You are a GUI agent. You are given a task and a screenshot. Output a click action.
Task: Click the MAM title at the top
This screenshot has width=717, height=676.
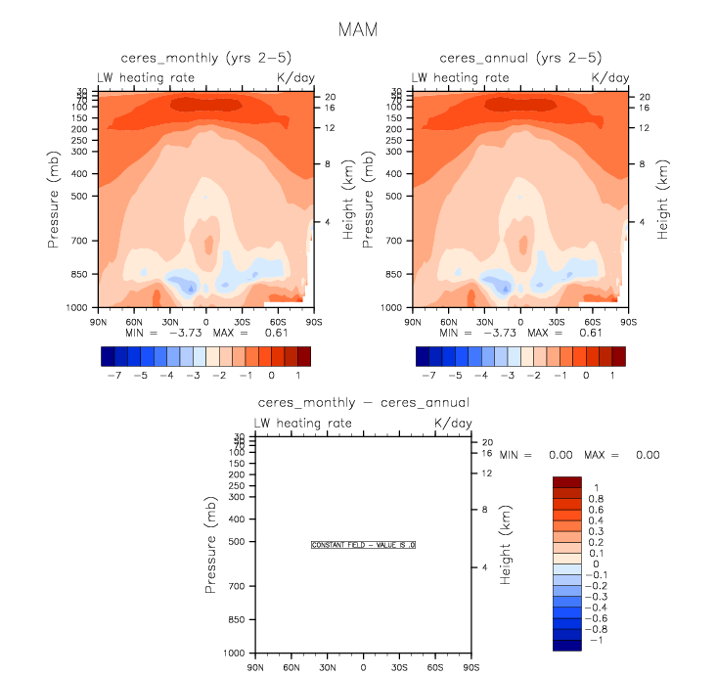click(357, 29)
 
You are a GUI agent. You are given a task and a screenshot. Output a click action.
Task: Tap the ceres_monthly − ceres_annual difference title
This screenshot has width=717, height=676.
click(363, 402)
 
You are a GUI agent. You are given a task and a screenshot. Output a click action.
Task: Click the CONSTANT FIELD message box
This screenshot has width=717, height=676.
click(363, 545)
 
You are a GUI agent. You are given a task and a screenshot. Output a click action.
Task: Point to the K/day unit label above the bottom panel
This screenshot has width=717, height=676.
click(452, 423)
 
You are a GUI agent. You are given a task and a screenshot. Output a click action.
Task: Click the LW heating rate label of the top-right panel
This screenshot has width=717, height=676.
click(460, 77)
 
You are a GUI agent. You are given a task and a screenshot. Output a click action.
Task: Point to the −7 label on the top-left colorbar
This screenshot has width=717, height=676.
click(112, 375)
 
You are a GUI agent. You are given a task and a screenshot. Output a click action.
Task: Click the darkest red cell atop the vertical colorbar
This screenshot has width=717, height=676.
click(568, 481)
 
